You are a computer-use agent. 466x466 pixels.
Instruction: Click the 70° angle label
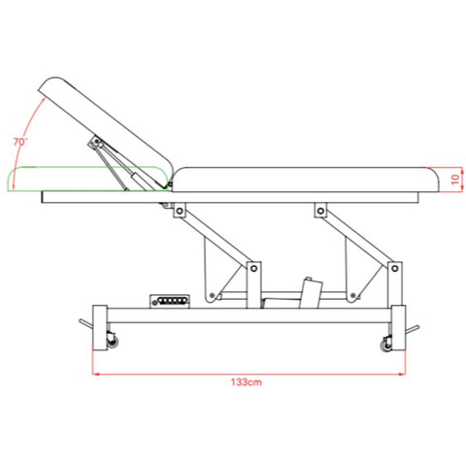(x=20, y=142)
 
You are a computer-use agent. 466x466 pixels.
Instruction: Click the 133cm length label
(x=247, y=383)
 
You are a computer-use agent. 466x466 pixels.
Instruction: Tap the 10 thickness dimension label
(x=455, y=179)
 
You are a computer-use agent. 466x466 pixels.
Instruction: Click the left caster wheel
(x=113, y=342)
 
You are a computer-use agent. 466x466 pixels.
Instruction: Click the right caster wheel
(x=386, y=346)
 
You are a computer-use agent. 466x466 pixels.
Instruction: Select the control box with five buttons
(x=170, y=301)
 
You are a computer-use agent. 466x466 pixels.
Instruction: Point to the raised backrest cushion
(x=106, y=131)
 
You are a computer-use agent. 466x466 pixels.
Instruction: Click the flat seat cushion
(x=306, y=180)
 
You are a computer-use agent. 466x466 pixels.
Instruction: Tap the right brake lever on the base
(x=413, y=329)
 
